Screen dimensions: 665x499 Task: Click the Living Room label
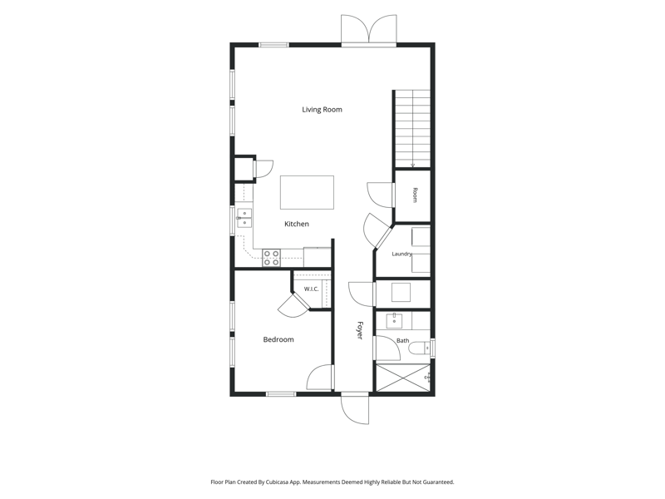coord(322,110)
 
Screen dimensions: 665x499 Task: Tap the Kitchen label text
coord(297,224)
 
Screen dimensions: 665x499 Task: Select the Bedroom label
coord(278,339)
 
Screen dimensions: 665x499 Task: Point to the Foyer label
coord(360,330)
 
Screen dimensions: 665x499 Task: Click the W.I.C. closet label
coord(311,289)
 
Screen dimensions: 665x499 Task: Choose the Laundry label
coord(401,254)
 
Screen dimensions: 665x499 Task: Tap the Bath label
coord(403,340)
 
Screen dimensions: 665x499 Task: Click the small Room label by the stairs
coord(415,195)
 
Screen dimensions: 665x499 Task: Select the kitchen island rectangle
coord(307,192)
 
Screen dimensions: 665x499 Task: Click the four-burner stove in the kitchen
coord(271,258)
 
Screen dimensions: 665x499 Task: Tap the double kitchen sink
coord(244,218)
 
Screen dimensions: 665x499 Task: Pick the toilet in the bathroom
coord(420,348)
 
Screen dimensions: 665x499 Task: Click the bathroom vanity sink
coord(394,320)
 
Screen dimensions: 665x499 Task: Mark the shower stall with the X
coord(403,378)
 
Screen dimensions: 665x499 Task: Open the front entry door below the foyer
coord(355,408)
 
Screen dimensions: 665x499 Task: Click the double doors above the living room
coord(369,29)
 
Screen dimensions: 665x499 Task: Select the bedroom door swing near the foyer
coord(320,377)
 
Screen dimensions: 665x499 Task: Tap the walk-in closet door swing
coord(293,305)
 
